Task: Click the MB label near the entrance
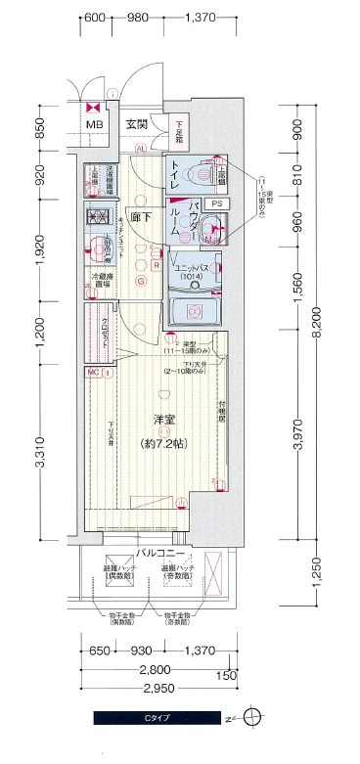[x=94, y=125]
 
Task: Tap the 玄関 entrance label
[x=136, y=124]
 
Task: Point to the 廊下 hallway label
[x=139, y=220]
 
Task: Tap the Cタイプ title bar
[x=157, y=719]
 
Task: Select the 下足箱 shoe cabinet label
[x=179, y=126]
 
